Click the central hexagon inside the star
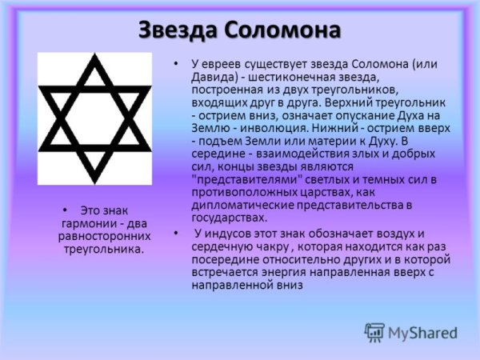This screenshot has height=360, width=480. (x=95, y=118)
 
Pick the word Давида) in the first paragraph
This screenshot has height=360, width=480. (x=214, y=77)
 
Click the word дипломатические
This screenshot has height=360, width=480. (x=241, y=205)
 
